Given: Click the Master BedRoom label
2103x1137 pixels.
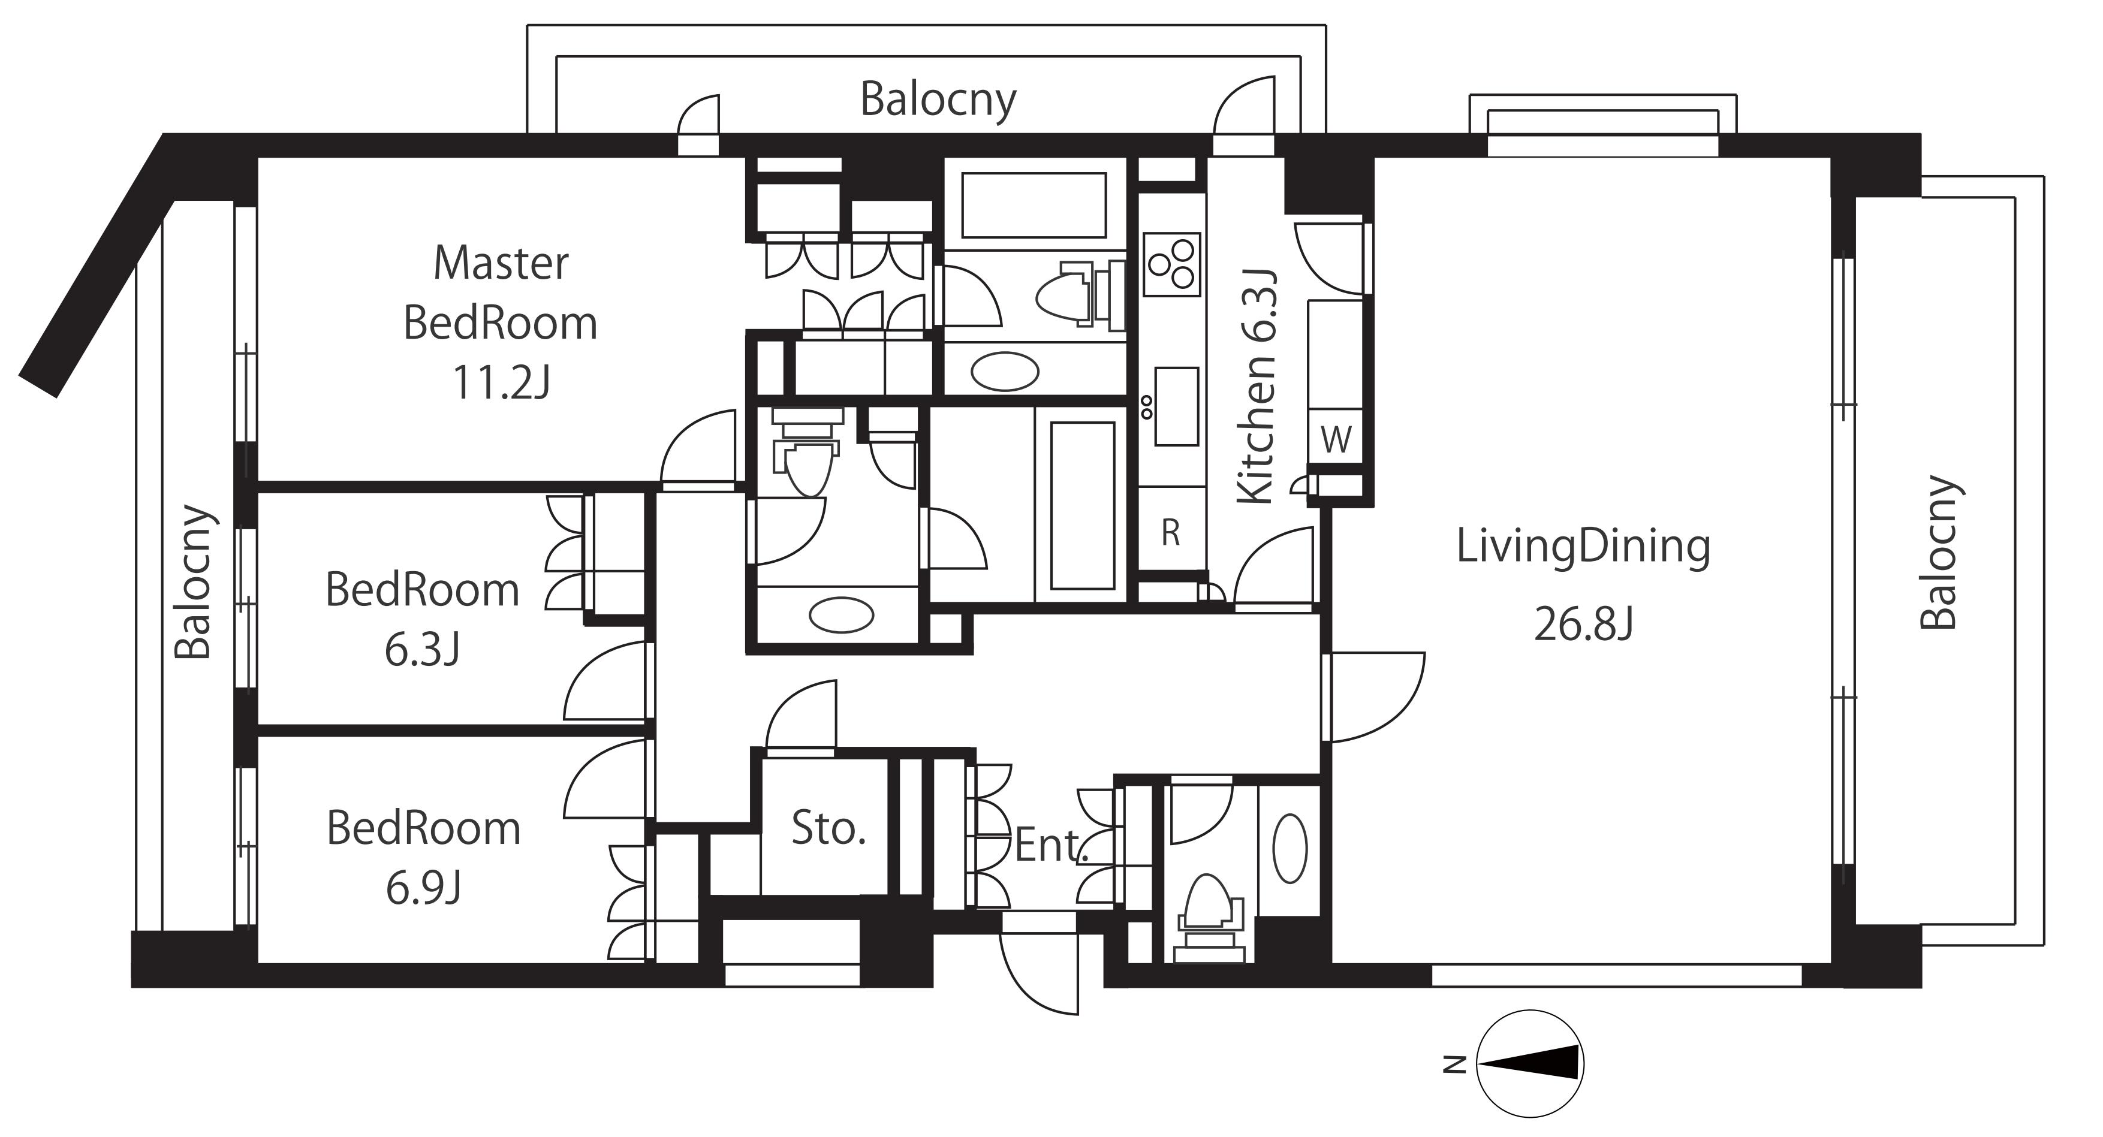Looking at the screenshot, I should pyautogui.click(x=501, y=293).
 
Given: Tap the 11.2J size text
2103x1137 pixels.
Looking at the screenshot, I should pyautogui.click(x=501, y=382).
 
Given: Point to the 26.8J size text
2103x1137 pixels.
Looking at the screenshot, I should pyautogui.click(x=1583, y=626).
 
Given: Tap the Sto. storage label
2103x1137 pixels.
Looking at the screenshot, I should pyautogui.click(x=828, y=830).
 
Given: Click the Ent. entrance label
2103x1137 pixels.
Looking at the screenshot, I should pyautogui.click(x=1051, y=846).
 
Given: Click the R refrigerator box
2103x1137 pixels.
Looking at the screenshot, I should pyautogui.click(x=1171, y=533).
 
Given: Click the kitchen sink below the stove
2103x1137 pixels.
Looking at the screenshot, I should pyautogui.click(x=1176, y=406).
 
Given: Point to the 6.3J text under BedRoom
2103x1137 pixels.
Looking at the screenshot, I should pyautogui.click(x=423, y=650).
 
